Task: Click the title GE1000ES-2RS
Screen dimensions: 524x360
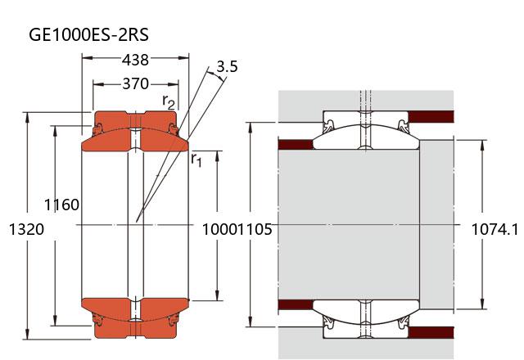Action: click(x=89, y=34)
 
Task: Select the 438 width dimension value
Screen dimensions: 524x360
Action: click(x=135, y=60)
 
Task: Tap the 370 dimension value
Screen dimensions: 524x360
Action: click(x=135, y=83)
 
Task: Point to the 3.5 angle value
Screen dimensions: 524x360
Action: click(x=228, y=66)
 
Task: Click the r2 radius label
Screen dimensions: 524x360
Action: click(x=169, y=101)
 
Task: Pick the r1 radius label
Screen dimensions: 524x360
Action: click(x=196, y=160)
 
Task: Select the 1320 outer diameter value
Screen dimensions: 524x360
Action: click(x=26, y=229)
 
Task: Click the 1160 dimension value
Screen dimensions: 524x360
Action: click(x=62, y=205)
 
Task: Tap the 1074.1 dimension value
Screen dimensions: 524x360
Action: click(x=495, y=229)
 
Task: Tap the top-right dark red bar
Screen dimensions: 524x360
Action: click(x=431, y=116)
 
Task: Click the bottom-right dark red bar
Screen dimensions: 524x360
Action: click(x=431, y=333)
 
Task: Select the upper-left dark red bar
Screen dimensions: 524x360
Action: click(x=296, y=145)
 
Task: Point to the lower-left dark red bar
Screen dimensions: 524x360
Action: click(x=296, y=304)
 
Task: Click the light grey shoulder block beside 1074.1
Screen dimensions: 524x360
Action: click(x=436, y=224)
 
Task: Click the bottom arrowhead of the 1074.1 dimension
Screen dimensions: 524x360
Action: click(x=482, y=304)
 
